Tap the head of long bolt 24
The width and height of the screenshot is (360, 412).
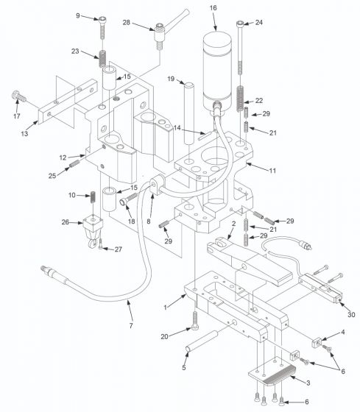241,24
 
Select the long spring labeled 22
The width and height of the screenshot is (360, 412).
241,98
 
